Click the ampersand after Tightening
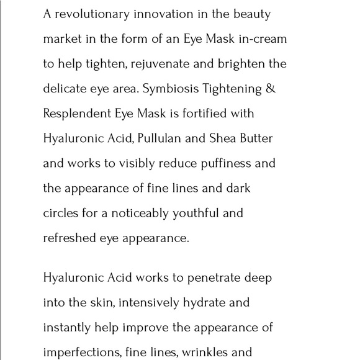tap(269, 89)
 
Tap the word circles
tap(61, 213)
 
